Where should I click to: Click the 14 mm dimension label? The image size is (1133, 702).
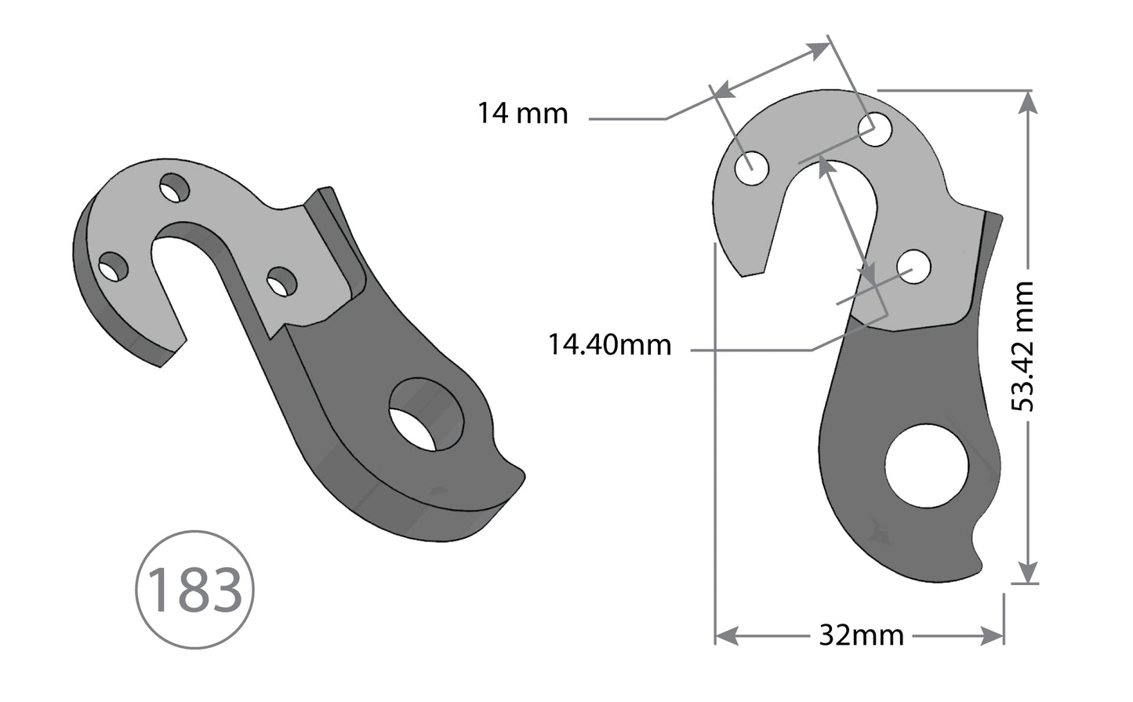[x=522, y=114]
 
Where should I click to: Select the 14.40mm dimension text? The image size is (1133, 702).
[x=609, y=344]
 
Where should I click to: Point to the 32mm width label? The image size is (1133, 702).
[x=861, y=634]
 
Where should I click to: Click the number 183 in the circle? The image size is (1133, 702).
[x=194, y=590]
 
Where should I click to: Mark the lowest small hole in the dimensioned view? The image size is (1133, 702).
[x=913, y=267]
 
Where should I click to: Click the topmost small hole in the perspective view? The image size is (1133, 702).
[x=175, y=189]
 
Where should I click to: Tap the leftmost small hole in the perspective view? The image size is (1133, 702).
[x=114, y=267]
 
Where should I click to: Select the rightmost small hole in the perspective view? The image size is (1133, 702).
[x=281, y=282]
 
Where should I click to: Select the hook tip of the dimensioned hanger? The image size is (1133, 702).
[x=752, y=273]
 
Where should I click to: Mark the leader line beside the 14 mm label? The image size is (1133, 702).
[x=627, y=119]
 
